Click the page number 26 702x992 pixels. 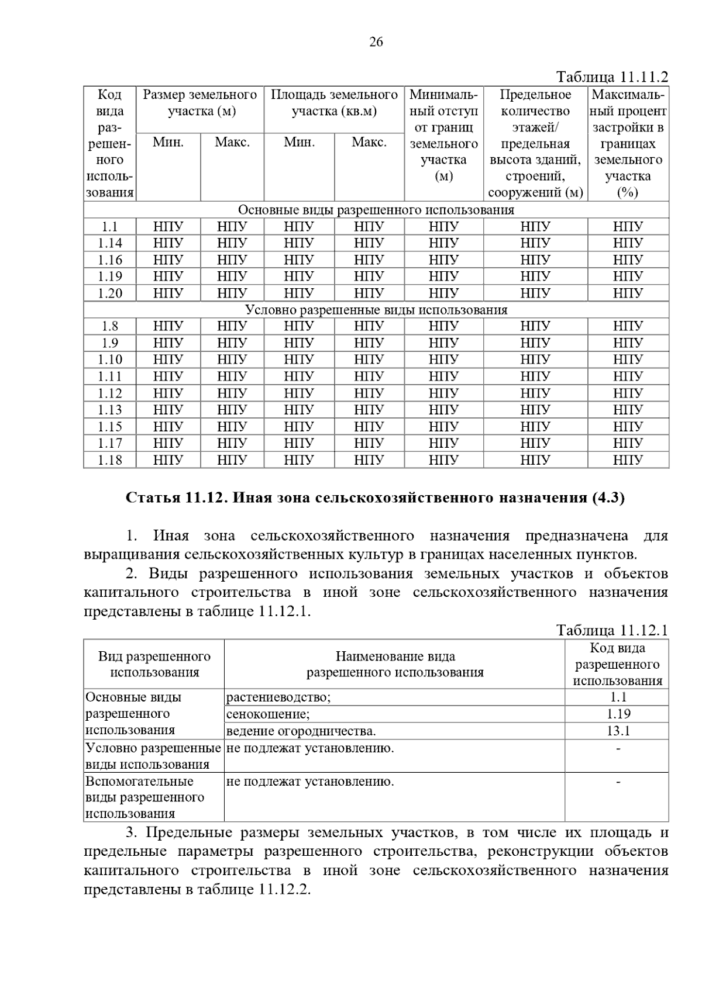pos(376,42)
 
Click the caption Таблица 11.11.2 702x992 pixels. pos(612,77)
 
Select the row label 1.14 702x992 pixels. pos(110,243)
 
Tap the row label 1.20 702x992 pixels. pos(110,293)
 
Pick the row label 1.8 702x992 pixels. pos(110,327)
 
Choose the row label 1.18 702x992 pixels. pos(110,461)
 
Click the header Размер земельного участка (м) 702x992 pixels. pos(200,103)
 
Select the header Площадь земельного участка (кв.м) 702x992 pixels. pos(334,103)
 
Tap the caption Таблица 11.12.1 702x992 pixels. pos(612,631)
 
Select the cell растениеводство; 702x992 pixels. pos(278,697)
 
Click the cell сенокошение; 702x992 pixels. pos(268,714)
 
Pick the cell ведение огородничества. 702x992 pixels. pos(301,731)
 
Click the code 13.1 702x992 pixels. pos(618,731)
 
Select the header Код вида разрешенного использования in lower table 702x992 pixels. pos(618,665)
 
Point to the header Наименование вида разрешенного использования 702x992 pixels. pos(395,665)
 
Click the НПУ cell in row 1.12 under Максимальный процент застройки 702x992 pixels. pos(628,393)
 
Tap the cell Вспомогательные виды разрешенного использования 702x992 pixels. pos(145,797)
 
